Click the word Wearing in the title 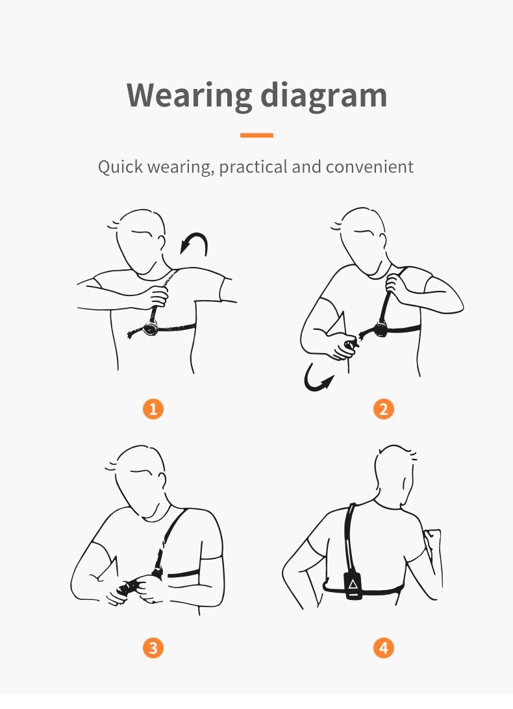click(189, 96)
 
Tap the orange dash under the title click(256, 135)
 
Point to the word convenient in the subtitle click(369, 167)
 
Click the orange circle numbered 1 click(153, 409)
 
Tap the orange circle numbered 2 click(384, 409)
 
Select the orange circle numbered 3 click(153, 648)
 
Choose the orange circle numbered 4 click(384, 648)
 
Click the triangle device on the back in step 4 click(353, 586)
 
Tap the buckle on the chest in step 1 click(151, 329)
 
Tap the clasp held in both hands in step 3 click(129, 588)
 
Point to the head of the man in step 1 click(140, 242)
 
